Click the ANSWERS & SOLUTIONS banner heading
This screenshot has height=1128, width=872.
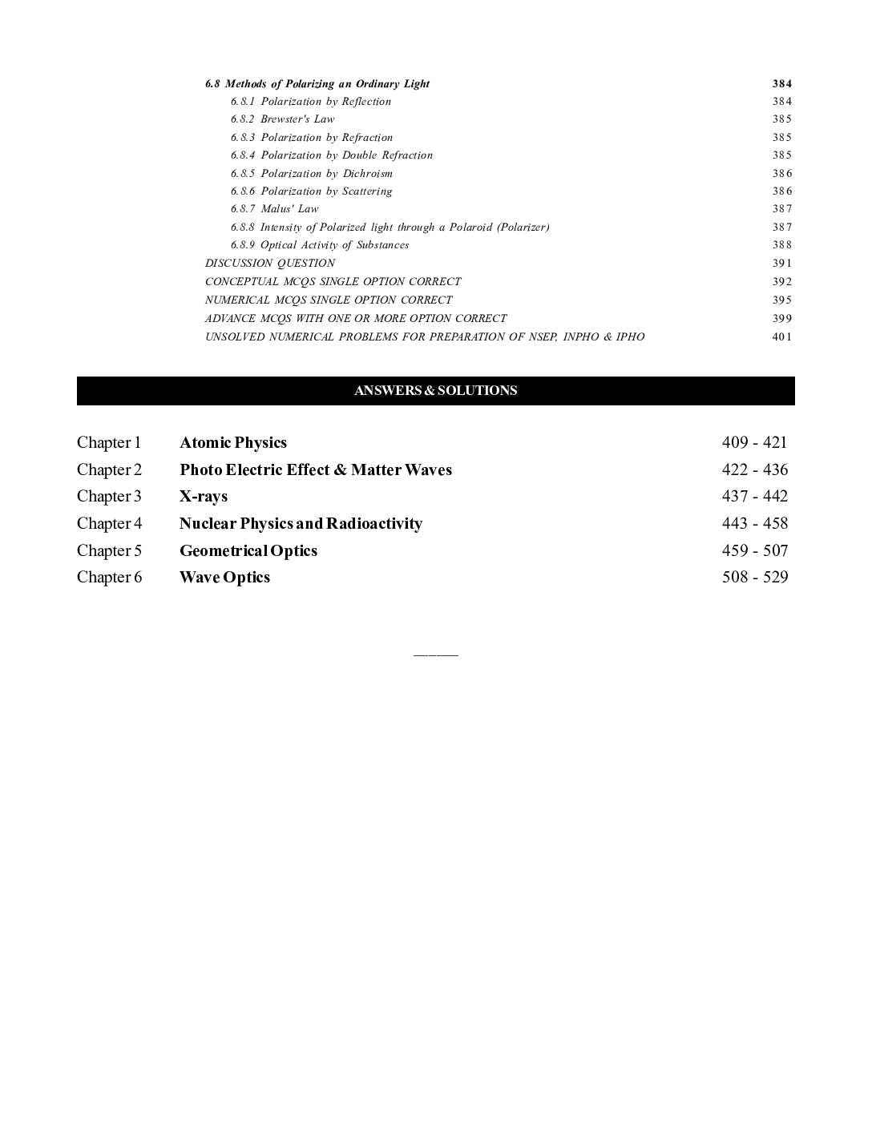[x=435, y=391]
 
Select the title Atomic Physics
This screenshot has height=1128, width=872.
[x=232, y=443]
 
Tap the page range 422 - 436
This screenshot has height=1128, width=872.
[x=754, y=469]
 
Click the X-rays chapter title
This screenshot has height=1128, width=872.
[x=204, y=497]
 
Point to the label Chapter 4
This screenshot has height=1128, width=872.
[x=109, y=524]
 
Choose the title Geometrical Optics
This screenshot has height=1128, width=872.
[x=248, y=551]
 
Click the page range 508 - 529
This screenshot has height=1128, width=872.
[x=754, y=578]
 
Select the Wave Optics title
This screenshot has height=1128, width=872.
[x=224, y=578]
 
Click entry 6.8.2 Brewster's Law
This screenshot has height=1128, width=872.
[x=282, y=119]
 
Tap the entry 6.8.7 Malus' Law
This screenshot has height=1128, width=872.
[x=274, y=209]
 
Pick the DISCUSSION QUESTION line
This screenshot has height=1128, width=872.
[x=270, y=264]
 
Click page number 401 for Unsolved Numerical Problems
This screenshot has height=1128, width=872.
[x=781, y=337]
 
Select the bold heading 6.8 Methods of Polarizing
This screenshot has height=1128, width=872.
[x=317, y=84]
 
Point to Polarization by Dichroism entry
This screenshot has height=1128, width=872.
[x=312, y=174]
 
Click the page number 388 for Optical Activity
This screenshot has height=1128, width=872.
[x=781, y=245]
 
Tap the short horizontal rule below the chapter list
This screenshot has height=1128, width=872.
[x=435, y=655]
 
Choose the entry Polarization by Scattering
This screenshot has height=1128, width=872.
[x=312, y=191]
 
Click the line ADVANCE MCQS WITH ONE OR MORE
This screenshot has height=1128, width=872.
[x=356, y=319]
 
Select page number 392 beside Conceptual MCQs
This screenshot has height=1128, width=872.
[x=781, y=282]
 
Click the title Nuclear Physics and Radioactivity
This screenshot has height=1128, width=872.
[x=301, y=524]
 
